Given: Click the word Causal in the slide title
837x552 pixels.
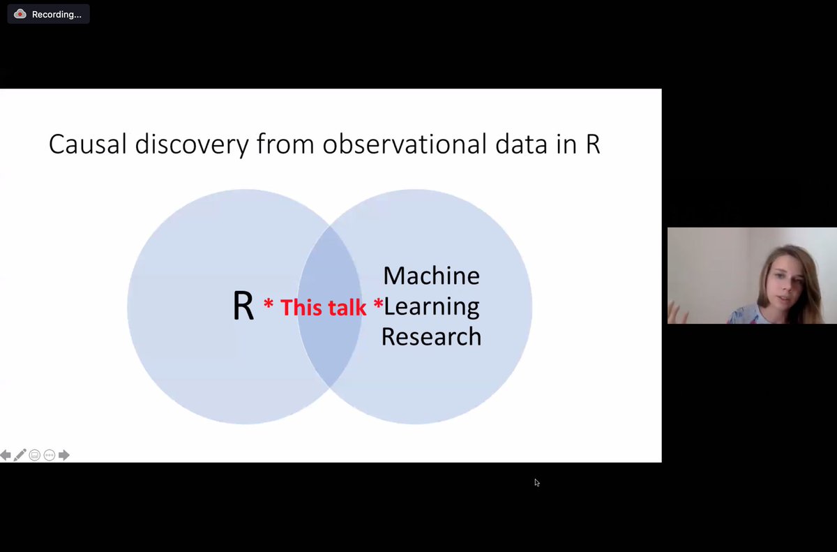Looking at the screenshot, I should pos(88,144).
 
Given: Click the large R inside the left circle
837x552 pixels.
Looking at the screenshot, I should pos(243,306).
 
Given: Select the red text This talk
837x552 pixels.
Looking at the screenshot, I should pos(323,307).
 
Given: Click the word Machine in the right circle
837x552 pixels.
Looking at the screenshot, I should pos(431,276).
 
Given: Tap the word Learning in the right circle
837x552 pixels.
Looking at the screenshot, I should pos(431,306).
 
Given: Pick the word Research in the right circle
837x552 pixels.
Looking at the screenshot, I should pos(431,337).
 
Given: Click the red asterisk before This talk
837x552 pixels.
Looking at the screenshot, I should pos(268,305).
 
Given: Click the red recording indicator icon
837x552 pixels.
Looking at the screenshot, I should pos(20,14).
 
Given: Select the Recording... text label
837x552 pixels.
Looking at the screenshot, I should pos(56,15).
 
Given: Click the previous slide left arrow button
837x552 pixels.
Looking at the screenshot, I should pos(6,456).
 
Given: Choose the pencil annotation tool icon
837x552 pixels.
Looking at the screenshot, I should pos(20,456).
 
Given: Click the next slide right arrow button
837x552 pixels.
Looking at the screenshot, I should pos(64,456).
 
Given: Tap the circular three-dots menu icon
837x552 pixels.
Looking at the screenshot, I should pos(50,456).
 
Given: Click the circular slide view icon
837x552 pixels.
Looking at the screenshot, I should pos(35,456).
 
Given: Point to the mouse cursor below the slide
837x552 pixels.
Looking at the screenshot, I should pos(536,482).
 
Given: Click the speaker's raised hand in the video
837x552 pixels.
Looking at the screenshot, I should pos(677,313).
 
